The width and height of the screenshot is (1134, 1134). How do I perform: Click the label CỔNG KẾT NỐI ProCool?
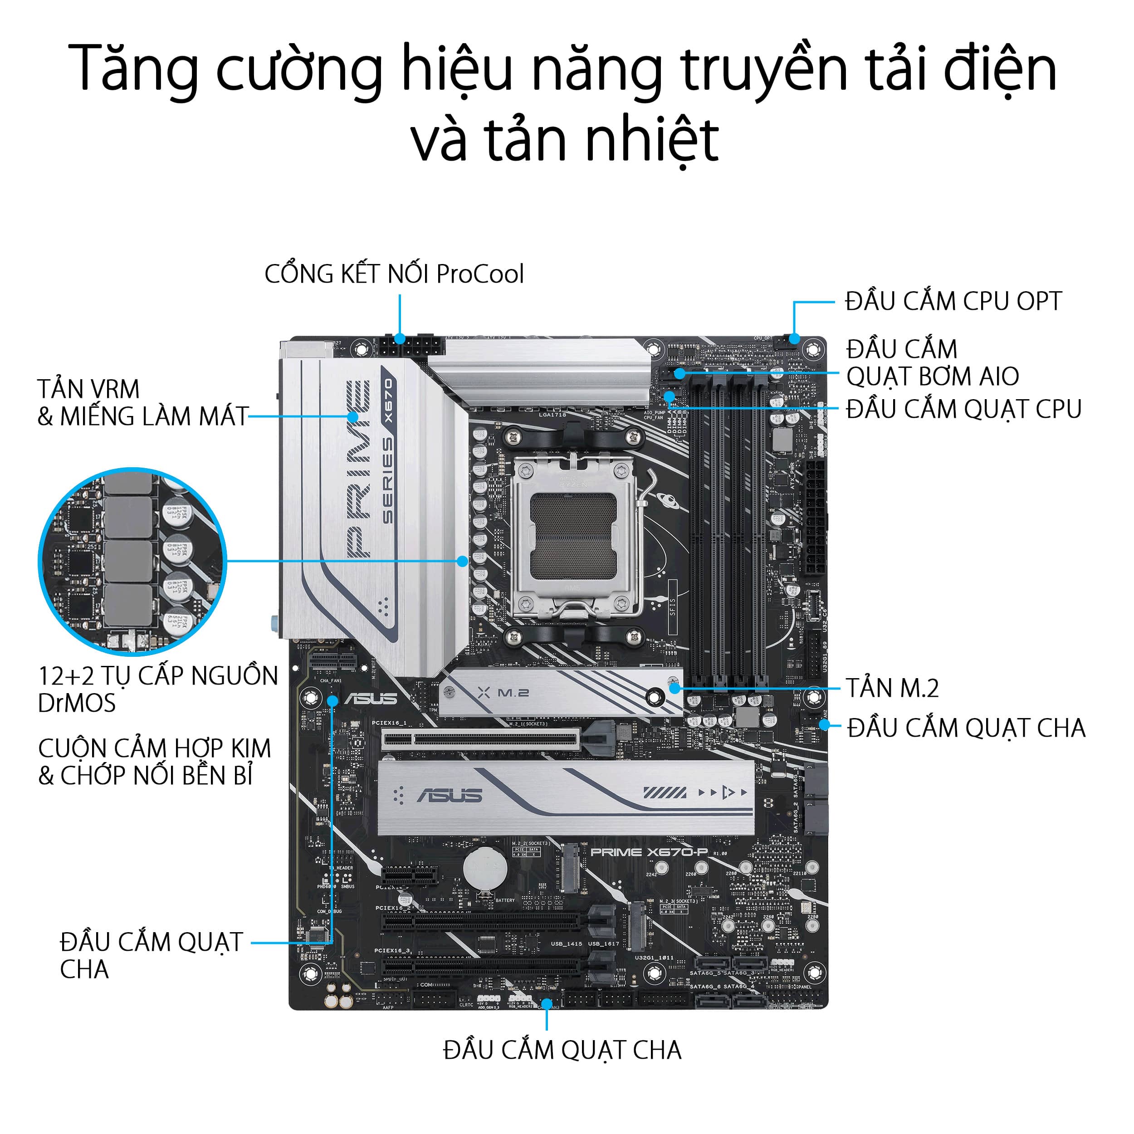point(394,274)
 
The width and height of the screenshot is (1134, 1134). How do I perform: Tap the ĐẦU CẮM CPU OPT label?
point(953,302)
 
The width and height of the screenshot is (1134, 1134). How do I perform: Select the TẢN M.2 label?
point(892,688)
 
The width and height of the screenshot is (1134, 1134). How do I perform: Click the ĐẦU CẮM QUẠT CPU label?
point(963,409)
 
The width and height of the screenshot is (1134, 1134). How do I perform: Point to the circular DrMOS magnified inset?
point(132,561)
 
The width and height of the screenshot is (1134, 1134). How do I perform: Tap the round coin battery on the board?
point(485,868)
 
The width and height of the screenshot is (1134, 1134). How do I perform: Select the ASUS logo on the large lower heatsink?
point(449,795)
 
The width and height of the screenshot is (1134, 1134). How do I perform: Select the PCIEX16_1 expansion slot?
point(481,740)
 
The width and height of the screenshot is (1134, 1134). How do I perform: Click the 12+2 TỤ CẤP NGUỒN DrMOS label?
point(157,689)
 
